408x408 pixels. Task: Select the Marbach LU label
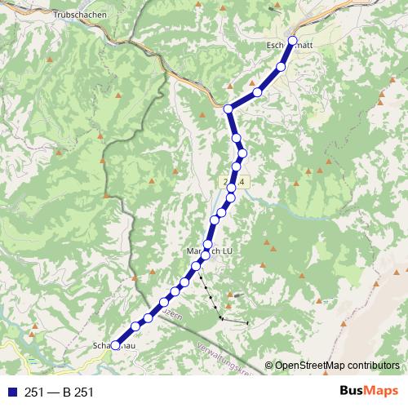click(211, 252)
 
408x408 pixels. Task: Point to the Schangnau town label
click(115, 347)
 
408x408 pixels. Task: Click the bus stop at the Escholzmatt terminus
click(293, 39)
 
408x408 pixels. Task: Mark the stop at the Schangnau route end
click(115, 345)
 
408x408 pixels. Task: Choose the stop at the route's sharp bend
click(228, 109)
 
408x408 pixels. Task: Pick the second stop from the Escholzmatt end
click(281, 67)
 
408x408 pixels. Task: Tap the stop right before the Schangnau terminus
click(135, 327)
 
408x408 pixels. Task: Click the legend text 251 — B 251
click(60, 392)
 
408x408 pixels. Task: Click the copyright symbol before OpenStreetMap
click(268, 366)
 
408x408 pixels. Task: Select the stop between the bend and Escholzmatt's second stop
click(257, 92)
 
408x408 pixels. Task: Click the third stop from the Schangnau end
click(149, 317)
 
